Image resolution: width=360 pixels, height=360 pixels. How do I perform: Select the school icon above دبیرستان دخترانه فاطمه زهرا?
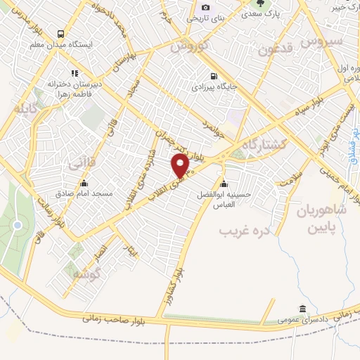74,72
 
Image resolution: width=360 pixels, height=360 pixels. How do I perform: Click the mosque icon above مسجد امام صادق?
84,184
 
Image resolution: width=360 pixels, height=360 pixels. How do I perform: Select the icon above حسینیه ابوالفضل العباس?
224,184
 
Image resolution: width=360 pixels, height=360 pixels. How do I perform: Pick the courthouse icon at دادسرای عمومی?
302,309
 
